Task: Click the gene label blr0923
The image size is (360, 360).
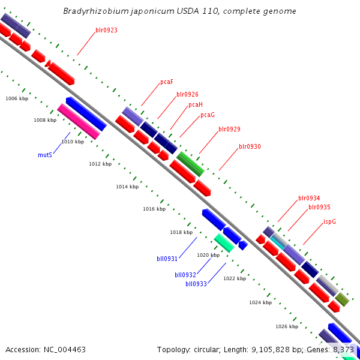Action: point(106,30)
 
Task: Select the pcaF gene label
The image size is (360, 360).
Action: point(167,82)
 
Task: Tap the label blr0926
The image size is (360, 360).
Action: point(187,94)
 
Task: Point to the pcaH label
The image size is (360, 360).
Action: point(196,104)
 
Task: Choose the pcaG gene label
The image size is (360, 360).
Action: point(208,115)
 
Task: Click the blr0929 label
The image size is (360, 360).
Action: point(229,129)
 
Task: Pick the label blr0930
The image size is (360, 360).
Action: point(250,146)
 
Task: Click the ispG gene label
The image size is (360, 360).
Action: point(329,221)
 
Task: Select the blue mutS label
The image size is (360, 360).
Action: point(45,155)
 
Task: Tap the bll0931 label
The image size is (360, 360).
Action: point(167,259)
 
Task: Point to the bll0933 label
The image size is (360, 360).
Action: point(196,284)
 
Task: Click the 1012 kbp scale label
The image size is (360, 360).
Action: point(100,164)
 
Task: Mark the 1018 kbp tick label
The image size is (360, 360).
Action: point(181,232)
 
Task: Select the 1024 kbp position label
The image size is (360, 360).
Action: point(260,302)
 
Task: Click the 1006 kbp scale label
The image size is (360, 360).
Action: point(17,98)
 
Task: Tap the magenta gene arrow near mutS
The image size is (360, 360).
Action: point(79,122)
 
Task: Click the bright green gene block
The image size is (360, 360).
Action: point(190,164)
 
